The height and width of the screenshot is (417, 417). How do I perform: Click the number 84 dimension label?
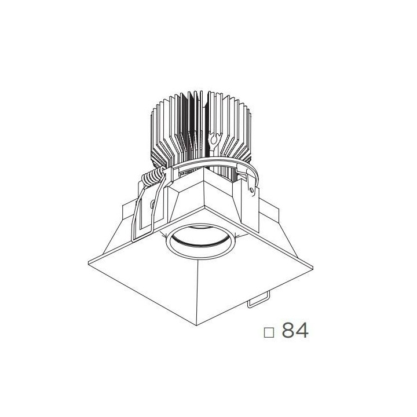tap(295, 330)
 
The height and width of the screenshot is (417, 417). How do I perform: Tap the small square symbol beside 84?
tap(269, 332)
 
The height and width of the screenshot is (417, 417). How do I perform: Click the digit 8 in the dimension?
tap(288, 330)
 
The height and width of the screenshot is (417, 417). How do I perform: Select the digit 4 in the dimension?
tap(302, 330)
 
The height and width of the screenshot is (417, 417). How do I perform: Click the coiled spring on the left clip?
tap(152, 177)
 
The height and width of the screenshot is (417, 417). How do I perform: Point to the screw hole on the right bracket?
tap(251, 189)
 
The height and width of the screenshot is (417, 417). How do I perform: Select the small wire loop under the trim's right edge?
tap(258, 300)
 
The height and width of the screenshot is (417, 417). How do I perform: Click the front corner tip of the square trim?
tap(196, 325)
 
